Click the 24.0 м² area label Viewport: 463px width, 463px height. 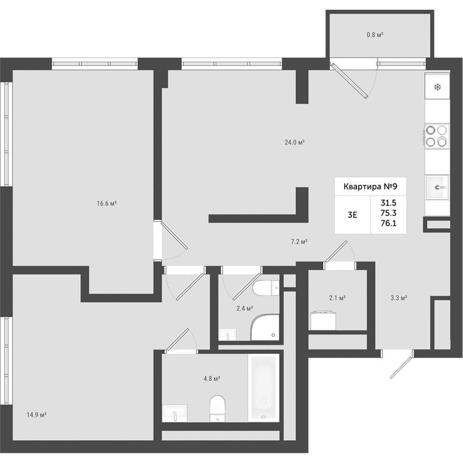click(x=294, y=142)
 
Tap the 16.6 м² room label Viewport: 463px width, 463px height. click(x=106, y=203)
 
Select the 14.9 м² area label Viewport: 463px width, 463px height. click(x=37, y=415)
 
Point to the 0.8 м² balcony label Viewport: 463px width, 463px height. click(x=375, y=35)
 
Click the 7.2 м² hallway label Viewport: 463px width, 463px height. click(x=300, y=242)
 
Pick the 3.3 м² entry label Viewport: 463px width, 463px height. click(x=399, y=298)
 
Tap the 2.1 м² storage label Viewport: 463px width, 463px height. click(x=337, y=298)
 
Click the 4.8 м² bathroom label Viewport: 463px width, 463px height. click(x=212, y=378)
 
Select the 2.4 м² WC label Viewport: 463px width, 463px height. click(x=245, y=308)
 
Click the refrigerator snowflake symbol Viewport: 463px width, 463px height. click(x=438, y=87)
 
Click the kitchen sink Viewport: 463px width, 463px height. click(x=437, y=187)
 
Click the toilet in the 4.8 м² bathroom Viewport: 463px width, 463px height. click(x=217, y=408)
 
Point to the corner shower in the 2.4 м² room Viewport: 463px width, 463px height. click(x=264, y=327)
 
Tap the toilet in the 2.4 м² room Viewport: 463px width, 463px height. click(x=266, y=288)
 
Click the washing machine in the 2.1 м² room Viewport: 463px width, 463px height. click(x=323, y=320)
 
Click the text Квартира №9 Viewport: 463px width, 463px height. click(x=370, y=187)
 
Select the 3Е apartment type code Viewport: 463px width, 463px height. click(x=352, y=215)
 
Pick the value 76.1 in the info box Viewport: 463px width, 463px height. click(x=388, y=223)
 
